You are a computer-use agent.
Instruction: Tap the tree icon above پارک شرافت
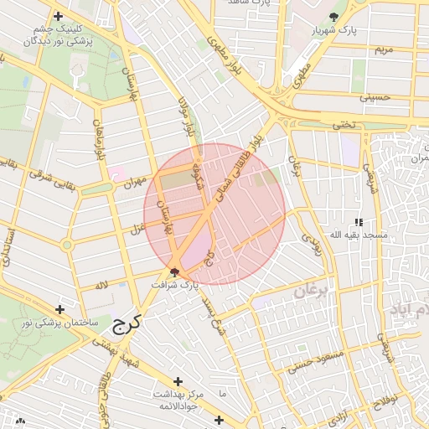click(175, 271)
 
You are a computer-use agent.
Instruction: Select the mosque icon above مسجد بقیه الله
click(359, 222)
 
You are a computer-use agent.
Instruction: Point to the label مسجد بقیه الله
click(359, 235)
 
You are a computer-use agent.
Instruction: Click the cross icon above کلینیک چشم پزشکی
click(58, 16)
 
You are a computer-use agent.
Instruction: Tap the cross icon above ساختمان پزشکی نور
click(59, 310)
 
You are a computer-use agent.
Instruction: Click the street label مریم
click(384, 50)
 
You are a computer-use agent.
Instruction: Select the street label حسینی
click(375, 97)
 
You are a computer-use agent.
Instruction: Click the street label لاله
click(102, 286)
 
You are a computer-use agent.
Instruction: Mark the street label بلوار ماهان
click(100, 144)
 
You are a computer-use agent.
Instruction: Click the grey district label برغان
click(313, 292)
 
